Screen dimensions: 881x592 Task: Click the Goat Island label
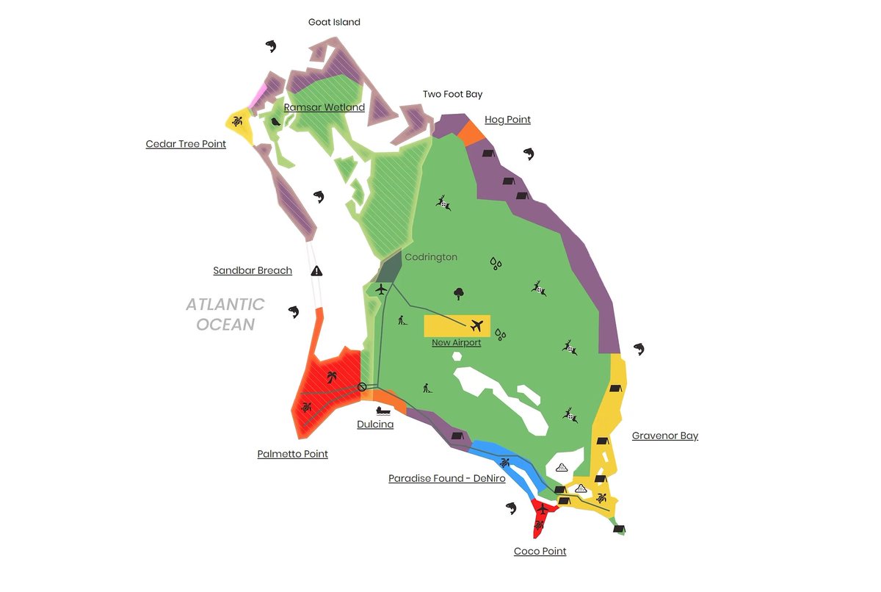[334, 22]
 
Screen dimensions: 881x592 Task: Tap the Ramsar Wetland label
[324, 107]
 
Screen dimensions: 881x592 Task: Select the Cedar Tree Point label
[186, 144]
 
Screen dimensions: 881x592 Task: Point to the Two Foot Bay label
[452, 94]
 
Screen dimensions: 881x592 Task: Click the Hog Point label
[507, 120]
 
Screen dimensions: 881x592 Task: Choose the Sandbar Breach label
[253, 270]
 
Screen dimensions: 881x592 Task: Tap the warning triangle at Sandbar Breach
[317, 270]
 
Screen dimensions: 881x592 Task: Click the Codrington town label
[431, 257]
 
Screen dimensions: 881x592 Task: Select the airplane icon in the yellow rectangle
[477, 325]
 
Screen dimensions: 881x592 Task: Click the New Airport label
[457, 342]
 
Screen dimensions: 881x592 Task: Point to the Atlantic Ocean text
[225, 314]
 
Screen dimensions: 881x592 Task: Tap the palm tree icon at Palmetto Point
[332, 377]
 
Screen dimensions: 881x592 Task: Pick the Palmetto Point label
[292, 454]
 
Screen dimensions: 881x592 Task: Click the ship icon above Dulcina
[383, 411]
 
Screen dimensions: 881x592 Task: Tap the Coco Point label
[540, 551]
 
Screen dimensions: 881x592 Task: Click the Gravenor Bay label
[664, 436]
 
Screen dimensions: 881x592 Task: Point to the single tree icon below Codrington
[459, 294]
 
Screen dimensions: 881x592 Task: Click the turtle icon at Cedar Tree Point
[238, 120]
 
